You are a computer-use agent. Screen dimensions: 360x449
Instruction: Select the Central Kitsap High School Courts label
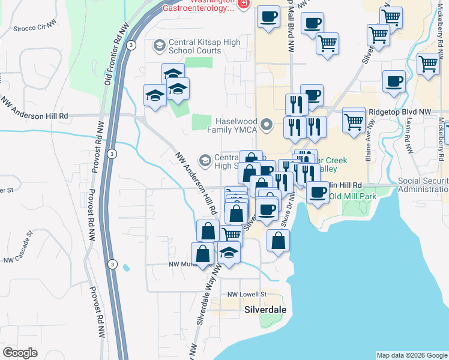pyautogui.click(x=205, y=46)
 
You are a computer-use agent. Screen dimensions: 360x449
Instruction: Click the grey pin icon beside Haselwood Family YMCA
pyautogui.click(x=269, y=125)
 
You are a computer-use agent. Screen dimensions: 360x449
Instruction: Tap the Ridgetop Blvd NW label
pyautogui.click(x=400, y=112)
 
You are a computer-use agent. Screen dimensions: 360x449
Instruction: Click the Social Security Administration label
pyautogui.click(x=423, y=185)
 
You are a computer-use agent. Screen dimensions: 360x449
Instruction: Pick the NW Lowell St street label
pyautogui.click(x=247, y=294)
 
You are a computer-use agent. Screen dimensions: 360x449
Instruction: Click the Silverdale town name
pyautogui.click(x=266, y=310)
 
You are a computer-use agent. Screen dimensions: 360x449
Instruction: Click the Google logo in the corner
pyautogui.click(x=20, y=353)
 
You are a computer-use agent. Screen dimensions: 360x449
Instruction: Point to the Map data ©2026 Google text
pyautogui.click(x=412, y=355)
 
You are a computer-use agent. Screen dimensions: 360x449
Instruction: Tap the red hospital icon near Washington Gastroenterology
pyautogui.click(x=243, y=4)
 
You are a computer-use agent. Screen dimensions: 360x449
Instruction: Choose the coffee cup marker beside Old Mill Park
pyautogui.click(x=318, y=193)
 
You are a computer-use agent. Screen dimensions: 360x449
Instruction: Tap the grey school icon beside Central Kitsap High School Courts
pyautogui.click(x=159, y=46)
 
